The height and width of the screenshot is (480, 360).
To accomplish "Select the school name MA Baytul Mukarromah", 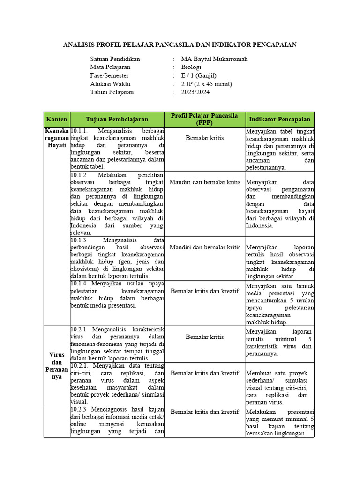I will tap(214, 59).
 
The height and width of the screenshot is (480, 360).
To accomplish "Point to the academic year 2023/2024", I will tap(195, 92).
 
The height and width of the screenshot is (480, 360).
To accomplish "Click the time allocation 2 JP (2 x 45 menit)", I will tap(206, 84).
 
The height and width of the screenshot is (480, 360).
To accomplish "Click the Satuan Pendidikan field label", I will tap(115, 59).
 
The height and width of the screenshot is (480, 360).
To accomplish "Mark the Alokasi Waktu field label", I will tap(110, 84).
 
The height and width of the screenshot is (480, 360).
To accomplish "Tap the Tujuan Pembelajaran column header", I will tap(117, 120).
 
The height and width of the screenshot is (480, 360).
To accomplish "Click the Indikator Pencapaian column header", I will tap(280, 120).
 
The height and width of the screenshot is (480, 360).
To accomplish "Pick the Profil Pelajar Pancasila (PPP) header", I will tap(204, 119).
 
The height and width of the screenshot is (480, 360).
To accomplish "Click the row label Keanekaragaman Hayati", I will tap(57, 138).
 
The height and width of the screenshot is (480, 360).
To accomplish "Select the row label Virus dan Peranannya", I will tap(57, 366).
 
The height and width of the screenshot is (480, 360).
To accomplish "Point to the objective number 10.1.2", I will tap(78, 174).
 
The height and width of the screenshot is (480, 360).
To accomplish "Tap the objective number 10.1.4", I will tap(78, 284).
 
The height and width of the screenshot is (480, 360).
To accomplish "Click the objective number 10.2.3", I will tap(78, 411).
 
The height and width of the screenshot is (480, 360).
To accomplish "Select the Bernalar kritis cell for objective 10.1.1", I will tap(204, 138).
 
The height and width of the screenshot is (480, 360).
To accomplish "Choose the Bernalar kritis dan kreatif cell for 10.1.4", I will tap(204, 291).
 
